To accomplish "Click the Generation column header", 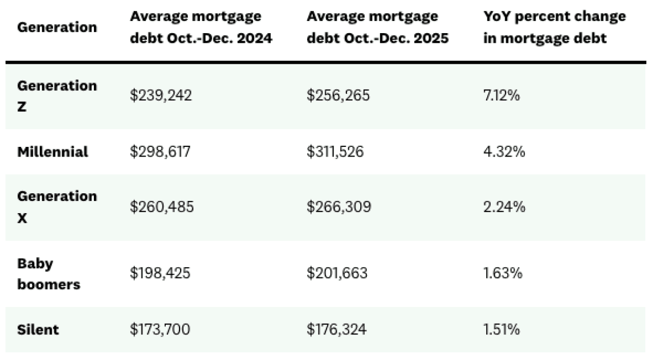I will coord(57,27).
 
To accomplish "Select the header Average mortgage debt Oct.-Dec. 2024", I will coord(200,27).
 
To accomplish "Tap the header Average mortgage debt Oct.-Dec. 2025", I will coord(378,27).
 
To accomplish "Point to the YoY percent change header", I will coord(554,27).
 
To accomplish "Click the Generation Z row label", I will coord(57,96).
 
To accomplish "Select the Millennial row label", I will coord(53,152).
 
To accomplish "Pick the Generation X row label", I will coord(57,207).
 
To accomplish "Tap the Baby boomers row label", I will coord(49,274).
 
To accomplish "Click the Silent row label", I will coord(38,329).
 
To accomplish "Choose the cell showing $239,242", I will coord(161,96).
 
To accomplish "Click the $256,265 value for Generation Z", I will coord(338,96).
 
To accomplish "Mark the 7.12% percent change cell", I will coord(501,96).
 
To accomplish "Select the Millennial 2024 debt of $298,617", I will coord(160,152).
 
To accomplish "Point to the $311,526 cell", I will coord(335,152).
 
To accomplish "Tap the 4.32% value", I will coord(504,152).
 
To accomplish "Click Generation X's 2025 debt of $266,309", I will coord(339,207).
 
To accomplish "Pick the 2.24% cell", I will coord(504,207).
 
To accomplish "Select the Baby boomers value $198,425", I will coord(160,274).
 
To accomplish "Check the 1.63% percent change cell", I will coord(503,274).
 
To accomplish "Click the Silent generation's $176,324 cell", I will coord(336,329).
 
